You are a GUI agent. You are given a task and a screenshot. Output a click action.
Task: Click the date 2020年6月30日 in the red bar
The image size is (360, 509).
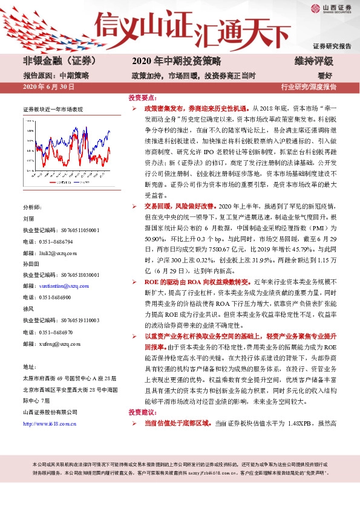tap(48, 87)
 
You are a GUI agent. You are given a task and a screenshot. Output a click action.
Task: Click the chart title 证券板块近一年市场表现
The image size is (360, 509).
tap(53, 110)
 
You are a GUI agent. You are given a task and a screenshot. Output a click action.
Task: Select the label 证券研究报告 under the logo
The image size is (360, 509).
tap(332, 46)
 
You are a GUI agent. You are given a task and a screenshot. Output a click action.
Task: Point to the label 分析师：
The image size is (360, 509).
tap(33, 207)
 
